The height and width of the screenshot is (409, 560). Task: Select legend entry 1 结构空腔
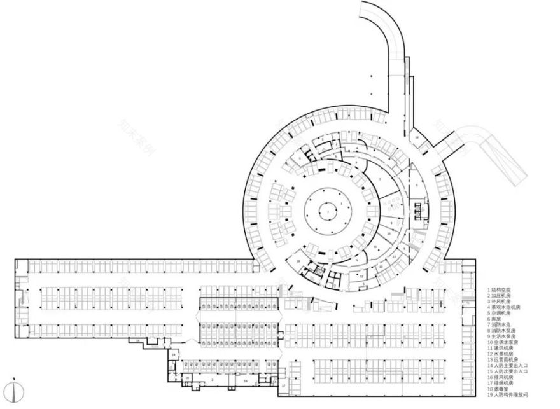[503, 290]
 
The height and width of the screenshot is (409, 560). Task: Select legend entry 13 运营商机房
[508, 361]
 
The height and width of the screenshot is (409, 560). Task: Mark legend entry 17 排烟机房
[506, 384]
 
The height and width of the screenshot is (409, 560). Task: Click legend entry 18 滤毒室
[503, 390]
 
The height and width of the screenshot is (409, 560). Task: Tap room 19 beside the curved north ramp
[417, 138]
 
